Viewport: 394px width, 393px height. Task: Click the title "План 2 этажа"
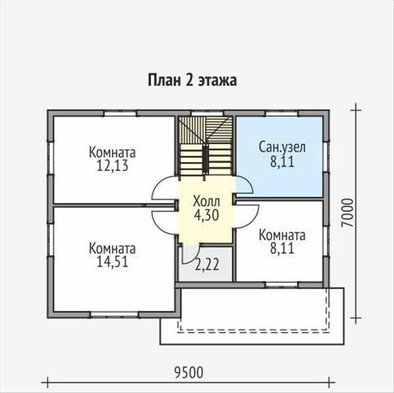[x=190, y=81]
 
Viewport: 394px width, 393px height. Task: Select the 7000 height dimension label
[x=349, y=212]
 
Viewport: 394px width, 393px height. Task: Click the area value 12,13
[x=112, y=165]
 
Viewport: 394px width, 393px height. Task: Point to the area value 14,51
[x=112, y=262]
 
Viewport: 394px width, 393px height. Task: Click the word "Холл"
[x=207, y=200]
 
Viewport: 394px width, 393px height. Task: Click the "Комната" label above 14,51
[x=112, y=249]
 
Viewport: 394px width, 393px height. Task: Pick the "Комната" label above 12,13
[x=112, y=153]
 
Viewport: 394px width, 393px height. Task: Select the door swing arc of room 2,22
[x=187, y=258]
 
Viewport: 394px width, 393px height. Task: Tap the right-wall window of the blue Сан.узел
[x=326, y=157]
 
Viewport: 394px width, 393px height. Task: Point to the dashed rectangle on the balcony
[x=255, y=327]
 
